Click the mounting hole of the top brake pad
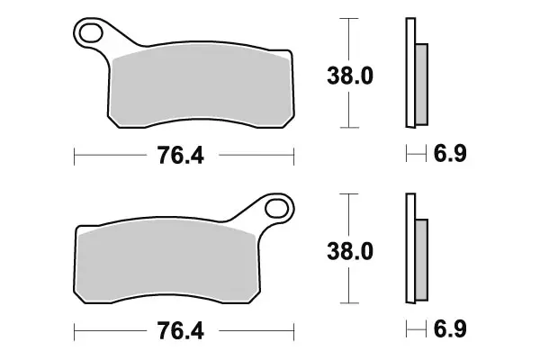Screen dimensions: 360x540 point(91,35)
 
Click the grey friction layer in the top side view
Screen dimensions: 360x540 point(421,84)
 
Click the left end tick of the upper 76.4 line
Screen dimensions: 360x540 point(74,156)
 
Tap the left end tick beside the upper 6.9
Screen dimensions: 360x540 point(407,156)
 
